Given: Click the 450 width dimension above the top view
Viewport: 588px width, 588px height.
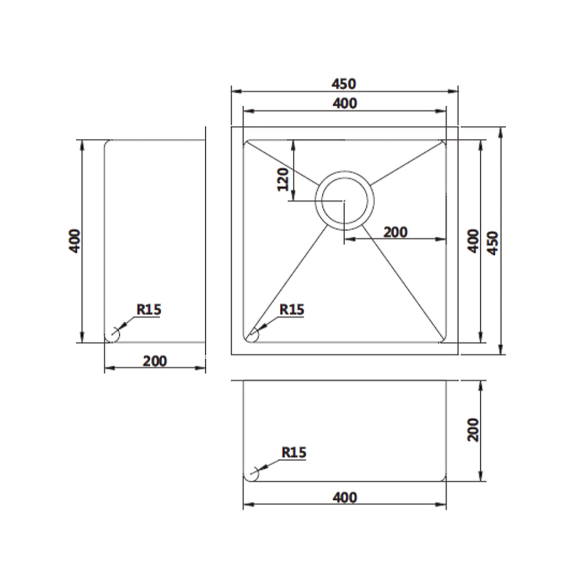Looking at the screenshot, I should tap(344, 84).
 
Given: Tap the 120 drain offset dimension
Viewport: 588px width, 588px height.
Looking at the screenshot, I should tap(283, 179).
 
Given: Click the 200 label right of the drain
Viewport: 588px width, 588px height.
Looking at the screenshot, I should tap(395, 232).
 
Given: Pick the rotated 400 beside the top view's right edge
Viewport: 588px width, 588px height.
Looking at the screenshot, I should tap(474, 241).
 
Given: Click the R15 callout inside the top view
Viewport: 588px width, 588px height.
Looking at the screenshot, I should tap(292, 310).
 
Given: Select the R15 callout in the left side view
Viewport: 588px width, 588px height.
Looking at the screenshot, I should tap(149, 310).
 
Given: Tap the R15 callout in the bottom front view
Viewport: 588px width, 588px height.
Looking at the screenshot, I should tap(294, 452).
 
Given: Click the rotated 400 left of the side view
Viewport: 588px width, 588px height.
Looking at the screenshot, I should tap(75, 241).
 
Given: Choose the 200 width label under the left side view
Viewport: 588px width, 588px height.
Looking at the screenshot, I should tap(155, 360).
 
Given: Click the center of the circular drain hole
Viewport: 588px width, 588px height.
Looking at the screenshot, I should tap(345, 200).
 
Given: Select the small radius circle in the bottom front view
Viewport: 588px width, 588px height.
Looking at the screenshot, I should tap(251, 475).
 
